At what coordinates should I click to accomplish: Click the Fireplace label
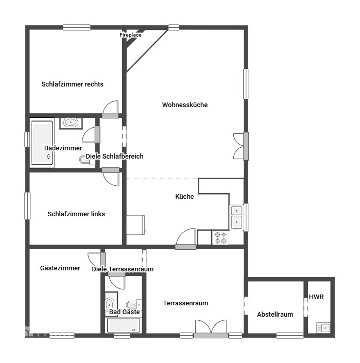[130, 35]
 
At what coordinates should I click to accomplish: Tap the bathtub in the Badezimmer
[42, 143]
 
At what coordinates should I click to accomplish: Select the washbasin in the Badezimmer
[71, 123]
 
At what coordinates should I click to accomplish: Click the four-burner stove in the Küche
[220, 237]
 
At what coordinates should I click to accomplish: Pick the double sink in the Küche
[236, 216]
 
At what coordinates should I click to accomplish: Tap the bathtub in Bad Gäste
[123, 325]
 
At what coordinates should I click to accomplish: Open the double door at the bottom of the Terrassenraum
[211, 329]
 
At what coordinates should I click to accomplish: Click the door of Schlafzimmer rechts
[111, 108]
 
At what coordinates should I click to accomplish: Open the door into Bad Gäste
[116, 281]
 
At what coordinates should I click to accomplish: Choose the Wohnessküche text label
[185, 105]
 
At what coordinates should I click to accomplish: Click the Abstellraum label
[275, 314]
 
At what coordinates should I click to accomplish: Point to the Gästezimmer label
[60, 268]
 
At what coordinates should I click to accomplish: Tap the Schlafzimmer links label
[76, 214]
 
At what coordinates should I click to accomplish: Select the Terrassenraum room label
[185, 303]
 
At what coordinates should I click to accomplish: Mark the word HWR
[316, 297]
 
